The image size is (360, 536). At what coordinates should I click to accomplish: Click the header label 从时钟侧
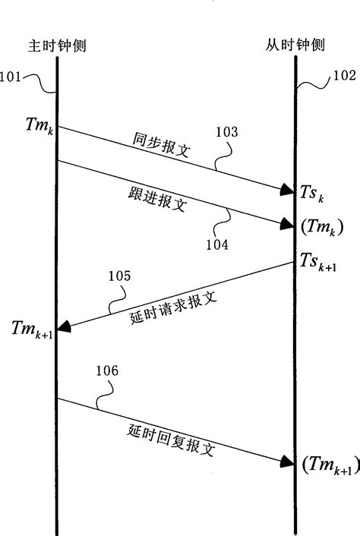coord(295,45)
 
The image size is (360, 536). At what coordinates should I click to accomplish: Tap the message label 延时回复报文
coord(171,440)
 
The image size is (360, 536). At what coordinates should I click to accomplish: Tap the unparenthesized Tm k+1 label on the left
coord(31,329)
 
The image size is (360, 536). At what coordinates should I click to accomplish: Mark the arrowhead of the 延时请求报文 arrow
coord(65,327)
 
